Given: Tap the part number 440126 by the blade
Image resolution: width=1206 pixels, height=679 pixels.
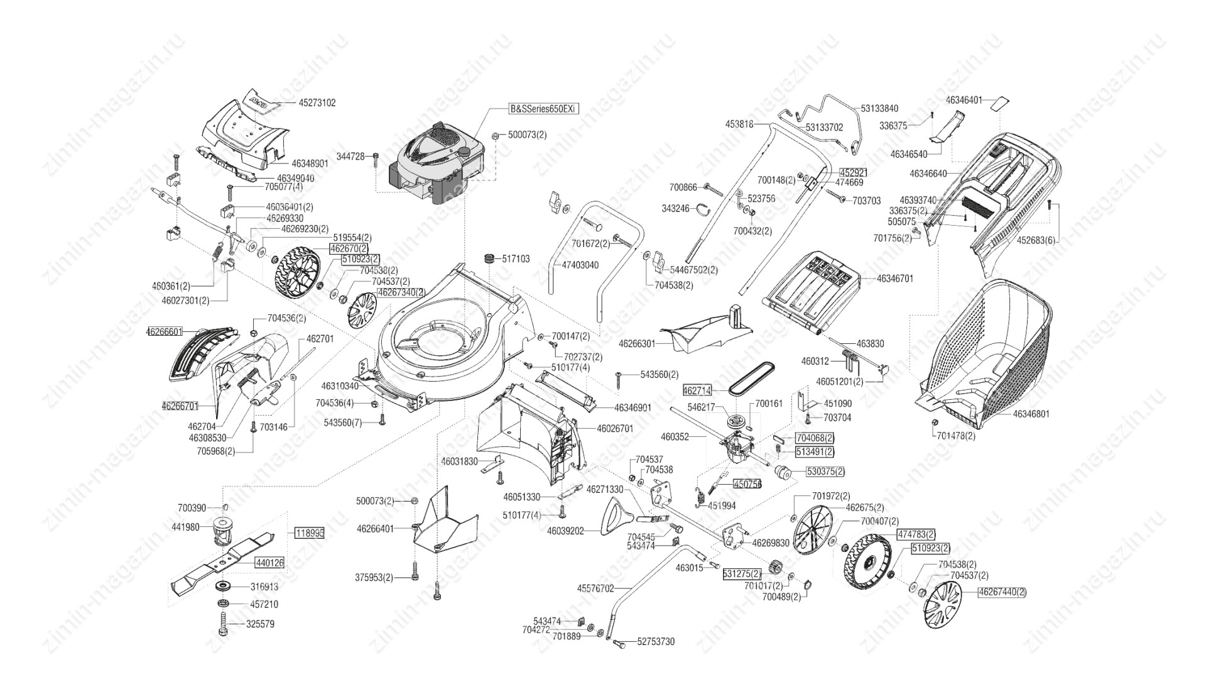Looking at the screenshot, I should pos(269,563).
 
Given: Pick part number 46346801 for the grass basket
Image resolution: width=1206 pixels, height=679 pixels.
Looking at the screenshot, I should pos(1030,414).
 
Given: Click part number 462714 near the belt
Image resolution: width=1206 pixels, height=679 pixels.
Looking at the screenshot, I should pos(697,391).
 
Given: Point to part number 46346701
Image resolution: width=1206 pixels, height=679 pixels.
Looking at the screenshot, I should pos(895,278).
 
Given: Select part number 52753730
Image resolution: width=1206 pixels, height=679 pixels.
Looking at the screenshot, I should pos(656,642).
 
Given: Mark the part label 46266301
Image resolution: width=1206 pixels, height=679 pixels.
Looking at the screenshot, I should pos(637,344).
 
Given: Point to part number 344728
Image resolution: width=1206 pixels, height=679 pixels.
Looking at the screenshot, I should pos(350,156).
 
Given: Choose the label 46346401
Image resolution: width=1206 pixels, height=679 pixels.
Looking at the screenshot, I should pos(964,100).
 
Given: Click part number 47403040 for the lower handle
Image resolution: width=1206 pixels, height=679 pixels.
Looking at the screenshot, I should pos(580,265).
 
